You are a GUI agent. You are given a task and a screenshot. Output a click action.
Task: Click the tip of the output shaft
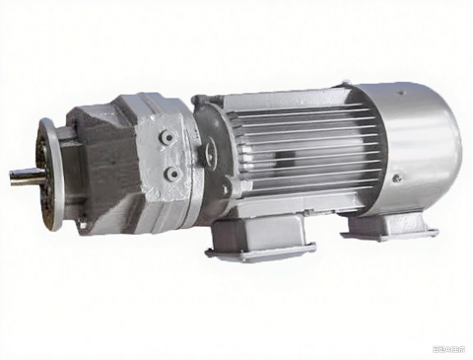pos(14,175)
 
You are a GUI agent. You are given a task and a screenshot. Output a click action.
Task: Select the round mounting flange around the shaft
pos(49,174)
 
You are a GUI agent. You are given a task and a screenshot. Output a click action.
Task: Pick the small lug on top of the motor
pos(344,83)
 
